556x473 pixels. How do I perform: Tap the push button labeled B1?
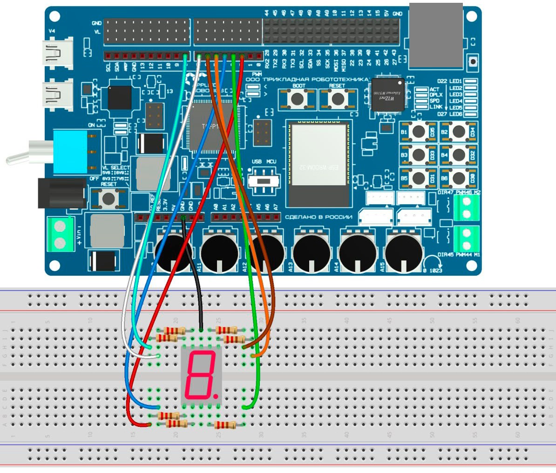(419, 132)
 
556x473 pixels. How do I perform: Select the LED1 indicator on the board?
(471, 81)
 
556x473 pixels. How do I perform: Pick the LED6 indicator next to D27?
(471, 114)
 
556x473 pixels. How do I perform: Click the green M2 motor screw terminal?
(467, 208)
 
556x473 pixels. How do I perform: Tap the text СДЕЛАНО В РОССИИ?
(318, 217)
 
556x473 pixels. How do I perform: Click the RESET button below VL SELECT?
(109, 198)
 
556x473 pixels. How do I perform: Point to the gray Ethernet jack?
(436, 35)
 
